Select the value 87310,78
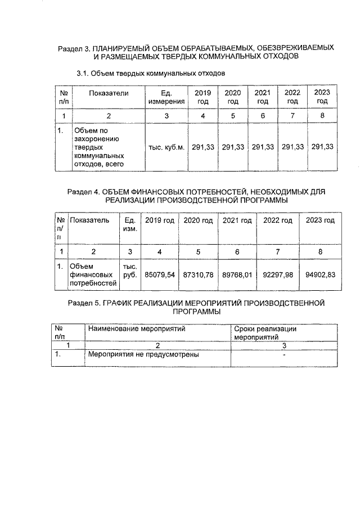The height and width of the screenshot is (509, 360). coord(199,275)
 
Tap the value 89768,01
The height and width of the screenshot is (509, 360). coord(237,275)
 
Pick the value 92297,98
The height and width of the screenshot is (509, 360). coord(278,275)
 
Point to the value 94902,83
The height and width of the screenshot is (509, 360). coord(319,275)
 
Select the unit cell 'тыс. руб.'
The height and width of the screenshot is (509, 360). coord(130,271)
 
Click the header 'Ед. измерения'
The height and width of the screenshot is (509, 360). coord(166,97)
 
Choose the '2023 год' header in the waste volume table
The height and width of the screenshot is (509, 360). coord(322,97)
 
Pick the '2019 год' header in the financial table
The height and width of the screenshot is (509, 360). coord(160,220)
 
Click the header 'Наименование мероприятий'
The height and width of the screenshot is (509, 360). coord(137,328)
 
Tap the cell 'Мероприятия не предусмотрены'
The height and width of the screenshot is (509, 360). coord(143,355)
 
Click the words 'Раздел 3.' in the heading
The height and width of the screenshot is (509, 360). coord(74,49)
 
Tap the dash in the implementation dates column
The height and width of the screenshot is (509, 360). coord(285,355)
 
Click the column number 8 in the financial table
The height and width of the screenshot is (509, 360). coord(319,252)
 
